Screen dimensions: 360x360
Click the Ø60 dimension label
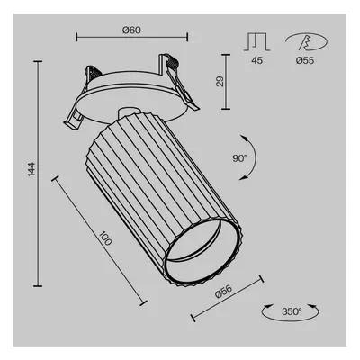coord(131,30)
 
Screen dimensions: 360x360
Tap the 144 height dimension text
coord(31,169)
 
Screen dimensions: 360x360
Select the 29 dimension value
coord(220,82)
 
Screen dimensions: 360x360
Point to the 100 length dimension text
coord(105,238)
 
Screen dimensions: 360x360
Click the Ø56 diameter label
coord(224,291)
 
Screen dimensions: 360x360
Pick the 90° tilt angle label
coord(239,158)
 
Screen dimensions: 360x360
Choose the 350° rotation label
coord(292,311)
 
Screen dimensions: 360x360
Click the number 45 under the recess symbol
coord(257,60)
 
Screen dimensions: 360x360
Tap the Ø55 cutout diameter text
coord(305,60)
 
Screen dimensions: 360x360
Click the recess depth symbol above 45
coord(257,41)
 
